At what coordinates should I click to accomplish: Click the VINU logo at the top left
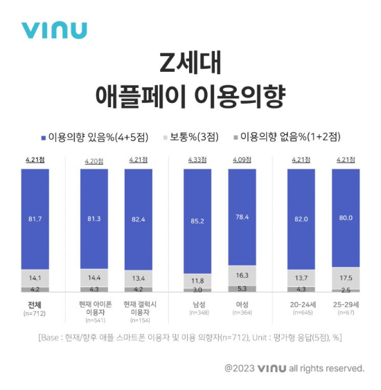[x=53, y=30]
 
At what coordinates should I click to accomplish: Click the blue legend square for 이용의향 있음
[x=43, y=137]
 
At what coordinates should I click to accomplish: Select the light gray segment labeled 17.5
[x=346, y=277]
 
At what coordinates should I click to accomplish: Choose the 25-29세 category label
[x=346, y=304]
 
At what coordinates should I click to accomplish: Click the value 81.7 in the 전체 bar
[x=34, y=219]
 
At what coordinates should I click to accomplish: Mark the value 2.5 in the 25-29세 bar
[x=346, y=290]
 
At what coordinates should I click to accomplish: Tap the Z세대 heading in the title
[x=190, y=66]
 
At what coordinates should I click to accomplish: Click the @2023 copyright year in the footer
[x=239, y=368]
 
